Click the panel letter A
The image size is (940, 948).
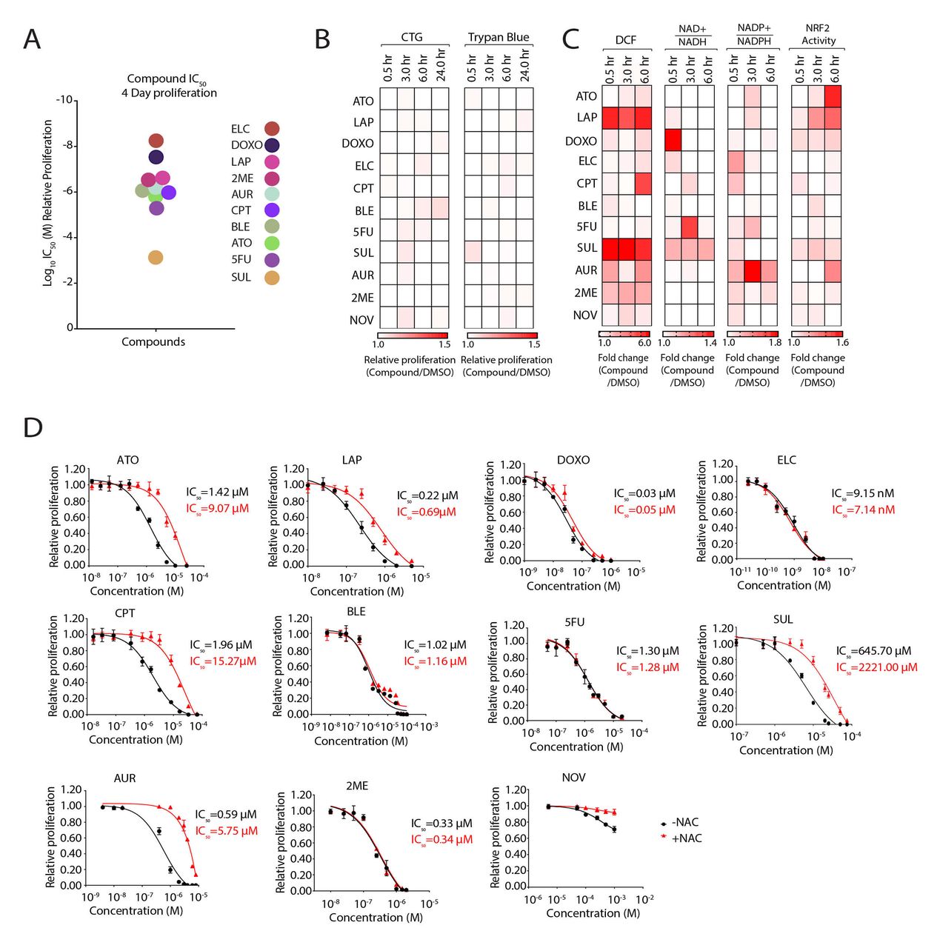(32, 39)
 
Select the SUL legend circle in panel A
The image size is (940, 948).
(272, 278)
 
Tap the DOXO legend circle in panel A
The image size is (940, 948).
(272, 145)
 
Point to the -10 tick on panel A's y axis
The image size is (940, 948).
(64, 100)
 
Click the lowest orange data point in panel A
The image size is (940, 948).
(156, 258)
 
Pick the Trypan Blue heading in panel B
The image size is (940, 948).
(499, 37)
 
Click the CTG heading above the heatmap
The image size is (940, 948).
(412, 37)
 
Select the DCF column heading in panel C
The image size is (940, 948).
(626, 40)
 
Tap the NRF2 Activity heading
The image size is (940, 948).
(818, 35)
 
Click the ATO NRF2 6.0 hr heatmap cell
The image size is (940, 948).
(833, 96)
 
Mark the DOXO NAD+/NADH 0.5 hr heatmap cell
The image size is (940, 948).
(673, 140)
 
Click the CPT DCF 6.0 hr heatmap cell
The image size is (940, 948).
(643, 184)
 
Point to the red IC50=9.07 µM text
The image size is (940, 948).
(217, 509)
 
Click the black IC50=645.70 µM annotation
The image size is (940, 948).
(873, 651)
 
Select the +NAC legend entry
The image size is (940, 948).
(681, 838)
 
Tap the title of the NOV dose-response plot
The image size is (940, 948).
(573, 778)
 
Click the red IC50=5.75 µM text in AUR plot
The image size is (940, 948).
(226, 831)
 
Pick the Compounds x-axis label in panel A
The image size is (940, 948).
(153, 341)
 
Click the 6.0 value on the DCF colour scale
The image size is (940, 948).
(644, 343)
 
